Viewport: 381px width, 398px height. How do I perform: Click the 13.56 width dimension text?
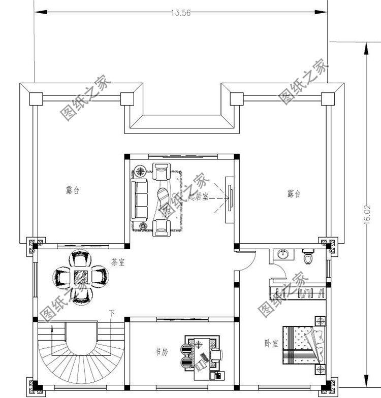pyautogui.click(x=181, y=14)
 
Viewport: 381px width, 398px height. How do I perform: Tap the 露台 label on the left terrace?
pyautogui.click(x=73, y=191)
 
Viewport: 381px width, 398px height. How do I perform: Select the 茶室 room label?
pyautogui.click(x=117, y=262)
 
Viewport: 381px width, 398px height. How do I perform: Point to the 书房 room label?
pyautogui.click(x=161, y=352)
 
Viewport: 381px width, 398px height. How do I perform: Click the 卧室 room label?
pyautogui.click(x=271, y=344)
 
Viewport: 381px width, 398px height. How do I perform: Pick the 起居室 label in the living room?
pyautogui.click(x=198, y=196)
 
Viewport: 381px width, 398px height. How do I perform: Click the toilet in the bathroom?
pyautogui.click(x=307, y=257)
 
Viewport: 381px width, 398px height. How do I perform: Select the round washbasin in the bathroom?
pyautogui.click(x=282, y=254)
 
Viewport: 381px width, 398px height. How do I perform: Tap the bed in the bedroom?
pyautogui.click(x=302, y=344)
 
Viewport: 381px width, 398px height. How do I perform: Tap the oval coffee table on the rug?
pyautogui.click(x=164, y=198)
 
